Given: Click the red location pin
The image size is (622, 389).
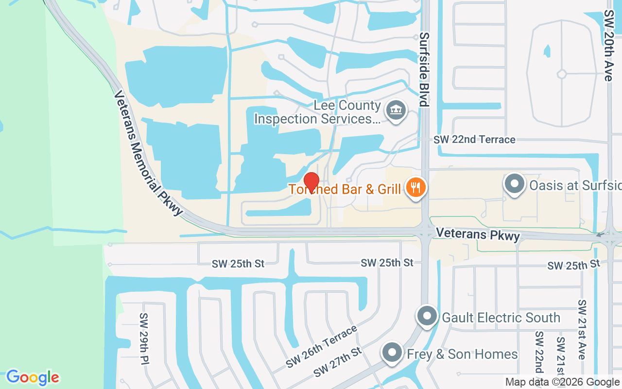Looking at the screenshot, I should click(311, 182).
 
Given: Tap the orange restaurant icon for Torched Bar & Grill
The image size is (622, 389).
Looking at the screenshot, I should click(415, 187).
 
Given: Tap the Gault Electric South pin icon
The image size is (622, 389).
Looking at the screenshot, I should click(427, 317).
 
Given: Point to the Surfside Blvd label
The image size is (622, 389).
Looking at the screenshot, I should click(424, 69).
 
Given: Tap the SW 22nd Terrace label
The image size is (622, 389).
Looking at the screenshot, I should click(474, 140).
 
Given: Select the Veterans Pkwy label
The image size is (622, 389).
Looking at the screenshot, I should click(478, 234).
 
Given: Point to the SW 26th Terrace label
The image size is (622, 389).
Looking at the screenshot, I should click(322, 347).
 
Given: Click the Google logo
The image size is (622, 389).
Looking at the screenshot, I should click(33, 377).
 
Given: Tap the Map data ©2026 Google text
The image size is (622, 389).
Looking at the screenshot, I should click(562, 382).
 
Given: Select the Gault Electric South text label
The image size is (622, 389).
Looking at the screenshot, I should click(501, 318).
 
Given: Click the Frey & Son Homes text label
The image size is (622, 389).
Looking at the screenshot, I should click(462, 354).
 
